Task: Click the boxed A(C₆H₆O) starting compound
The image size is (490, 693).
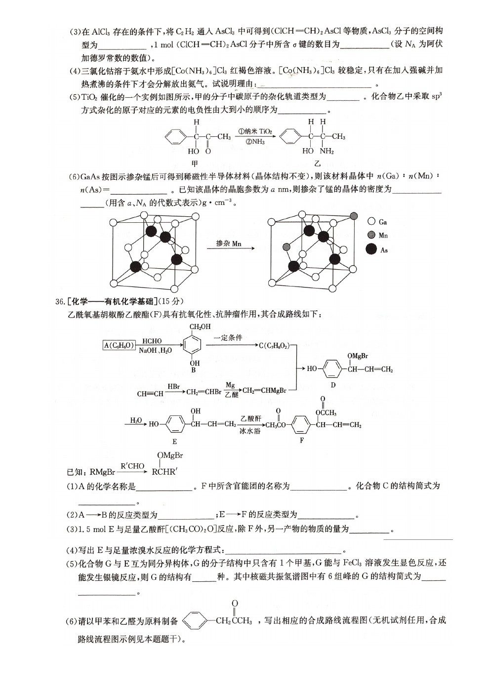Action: (x=119, y=345)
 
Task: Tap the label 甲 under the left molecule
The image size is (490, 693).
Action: (x=195, y=163)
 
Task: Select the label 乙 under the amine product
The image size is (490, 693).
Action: (x=318, y=163)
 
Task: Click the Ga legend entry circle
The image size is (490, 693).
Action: (x=371, y=221)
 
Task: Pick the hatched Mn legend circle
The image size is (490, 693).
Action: (x=371, y=235)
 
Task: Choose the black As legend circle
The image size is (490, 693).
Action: (x=371, y=249)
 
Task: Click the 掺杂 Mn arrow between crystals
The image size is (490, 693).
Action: (x=231, y=248)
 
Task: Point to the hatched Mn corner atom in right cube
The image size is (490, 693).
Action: (x=354, y=216)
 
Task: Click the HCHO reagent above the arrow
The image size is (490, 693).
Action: (x=152, y=341)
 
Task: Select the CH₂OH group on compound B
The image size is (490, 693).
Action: (x=200, y=326)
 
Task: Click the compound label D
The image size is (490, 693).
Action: (x=333, y=385)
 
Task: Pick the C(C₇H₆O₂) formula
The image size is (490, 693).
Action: (x=274, y=346)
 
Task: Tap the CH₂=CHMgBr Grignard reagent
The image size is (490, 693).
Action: (x=265, y=390)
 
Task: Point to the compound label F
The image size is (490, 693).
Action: (x=302, y=440)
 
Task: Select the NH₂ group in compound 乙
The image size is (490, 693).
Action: (x=327, y=151)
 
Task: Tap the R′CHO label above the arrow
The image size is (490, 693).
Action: (x=132, y=466)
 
